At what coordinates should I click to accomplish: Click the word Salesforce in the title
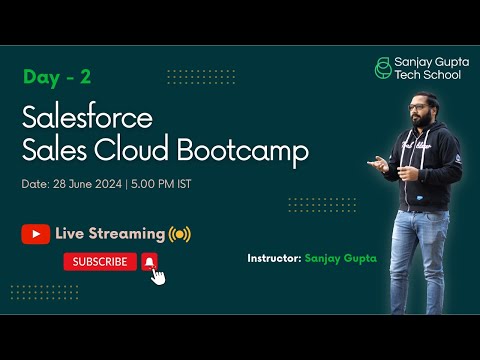pyautogui.click(x=87, y=118)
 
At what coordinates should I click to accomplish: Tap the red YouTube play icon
pyautogui.click(x=35, y=234)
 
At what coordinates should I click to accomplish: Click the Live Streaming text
pyautogui.click(x=110, y=234)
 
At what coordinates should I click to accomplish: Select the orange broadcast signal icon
pyautogui.click(x=179, y=234)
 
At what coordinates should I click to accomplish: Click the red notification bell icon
pyautogui.click(x=149, y=261)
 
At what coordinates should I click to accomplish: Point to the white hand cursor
pyautogui.click(x=157, y=274)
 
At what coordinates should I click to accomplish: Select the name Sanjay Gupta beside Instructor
pyautogui.click(x=342, y=258)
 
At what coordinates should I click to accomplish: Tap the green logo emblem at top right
pyautogui.click(x=382, y=69)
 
